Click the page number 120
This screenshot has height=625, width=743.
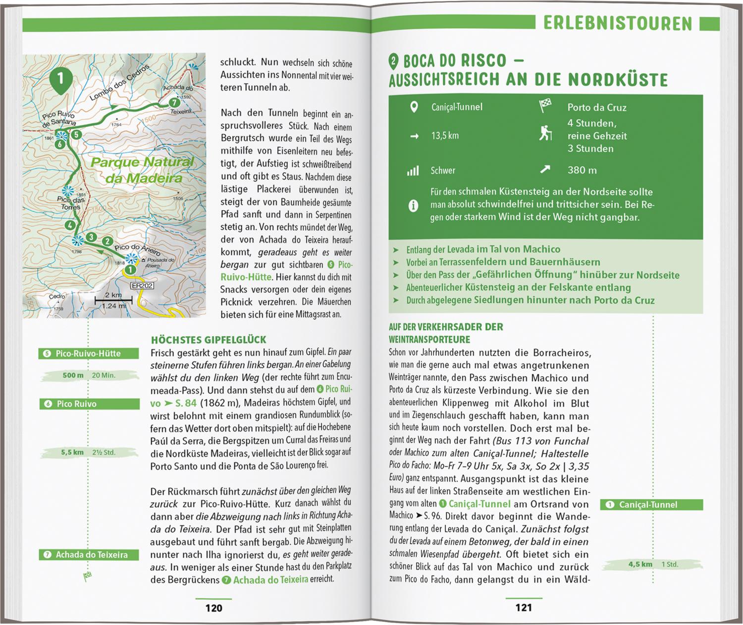pyautogui.click(x=214, y=608)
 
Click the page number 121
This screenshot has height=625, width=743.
pyautogui.click(x=524, y=608)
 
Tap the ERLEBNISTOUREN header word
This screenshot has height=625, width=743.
pyautogui.click(x=617, y=23)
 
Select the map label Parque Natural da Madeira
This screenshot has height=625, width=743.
pyautogui.click(x=143, y=170)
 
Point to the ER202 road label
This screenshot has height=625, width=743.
pyautogui.click(x=142, y=286)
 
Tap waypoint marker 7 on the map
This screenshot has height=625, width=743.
pyautogui.click(x=174, y=103)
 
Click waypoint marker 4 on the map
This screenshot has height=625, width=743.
pyautogui.click(x=71, y=225)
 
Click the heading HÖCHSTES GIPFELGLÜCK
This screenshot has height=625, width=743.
pyautogui.click(x=209, y=340)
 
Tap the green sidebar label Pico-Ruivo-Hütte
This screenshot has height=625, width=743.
pyautogui.click(x=88, y=354)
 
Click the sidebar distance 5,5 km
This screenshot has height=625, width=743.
pyautogui.click(x=72, y=452)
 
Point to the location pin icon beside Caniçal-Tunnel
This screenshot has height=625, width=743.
pyautogui.click(x=414, y=107)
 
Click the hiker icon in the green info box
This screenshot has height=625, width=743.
pyautogui.click(x=545, y=134)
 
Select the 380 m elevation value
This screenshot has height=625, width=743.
pyautogui.click(x=582, y=170)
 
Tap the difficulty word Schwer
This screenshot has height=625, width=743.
pyautogui.click(x=443, y=171)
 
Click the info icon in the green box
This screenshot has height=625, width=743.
pyautogui.click(x=413, y=205)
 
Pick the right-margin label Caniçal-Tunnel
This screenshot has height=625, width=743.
pyautogui.click(x=648, y=505)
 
